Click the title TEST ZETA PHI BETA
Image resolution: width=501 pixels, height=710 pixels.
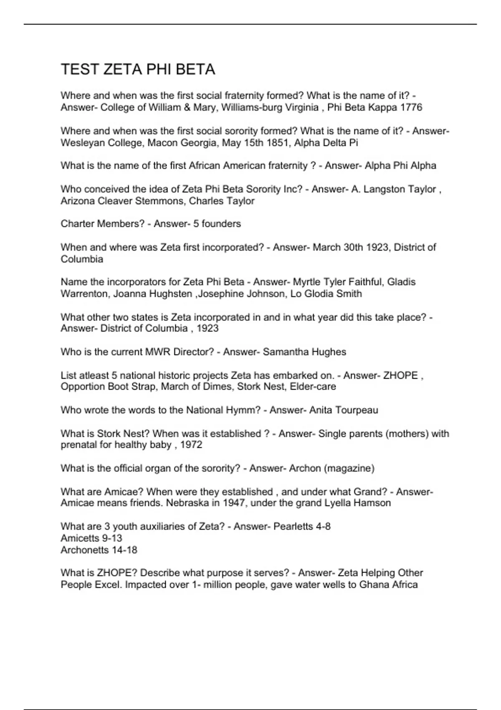pos(138,69)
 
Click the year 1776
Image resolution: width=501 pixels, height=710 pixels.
pos(411,108)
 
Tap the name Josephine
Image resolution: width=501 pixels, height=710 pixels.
pos(220,294)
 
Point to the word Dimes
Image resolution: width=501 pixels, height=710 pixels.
pos(217,387)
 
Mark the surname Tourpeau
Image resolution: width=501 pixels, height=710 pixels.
pos(355,410)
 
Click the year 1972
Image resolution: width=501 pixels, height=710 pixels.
pos(191,445)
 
